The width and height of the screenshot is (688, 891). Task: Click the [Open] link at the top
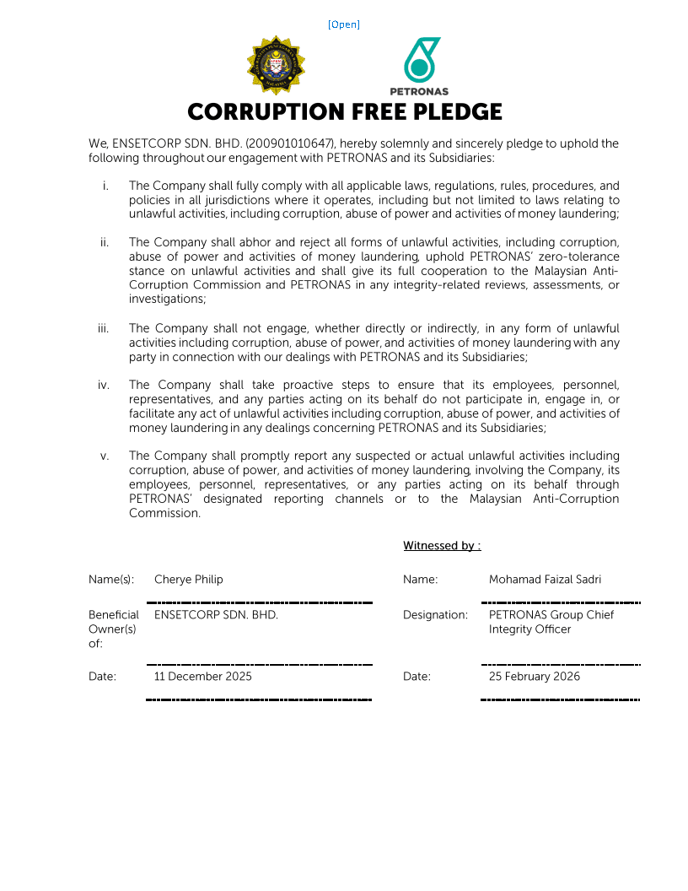[x=343, y=24]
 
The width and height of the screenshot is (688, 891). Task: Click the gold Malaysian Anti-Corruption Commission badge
[x=276, y=66]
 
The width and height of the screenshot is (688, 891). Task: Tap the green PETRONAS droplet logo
[x=420, y=61]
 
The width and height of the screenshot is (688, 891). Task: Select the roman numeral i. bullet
[x=105, y=186]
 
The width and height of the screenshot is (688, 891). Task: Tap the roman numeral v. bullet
[x=105, y=456]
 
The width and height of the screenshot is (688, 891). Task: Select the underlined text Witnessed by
[x=439, y=546]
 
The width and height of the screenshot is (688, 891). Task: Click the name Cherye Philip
[x=189, y=580]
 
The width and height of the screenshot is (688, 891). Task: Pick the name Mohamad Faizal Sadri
[x=545, y=580]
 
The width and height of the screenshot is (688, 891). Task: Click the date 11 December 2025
[x=203, y=677]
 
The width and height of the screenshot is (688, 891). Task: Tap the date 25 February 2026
[x=535, y=677]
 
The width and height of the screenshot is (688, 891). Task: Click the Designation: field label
[x=435, y=615]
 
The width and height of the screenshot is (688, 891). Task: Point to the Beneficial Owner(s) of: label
[x=113, y=629]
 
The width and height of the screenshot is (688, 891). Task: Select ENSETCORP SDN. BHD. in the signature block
[x=216, y=615]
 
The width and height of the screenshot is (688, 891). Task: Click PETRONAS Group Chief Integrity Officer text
[x=551, y=622]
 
